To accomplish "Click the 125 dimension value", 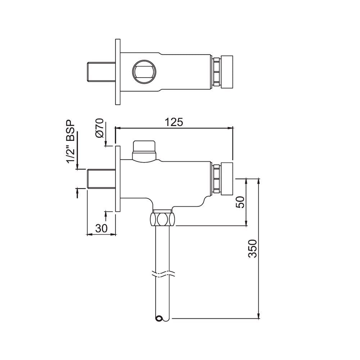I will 174,122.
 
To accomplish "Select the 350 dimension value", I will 253,248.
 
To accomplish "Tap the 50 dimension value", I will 241,202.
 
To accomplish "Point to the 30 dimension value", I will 102,228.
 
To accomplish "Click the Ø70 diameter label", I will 100,128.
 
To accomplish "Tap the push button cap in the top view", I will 227,71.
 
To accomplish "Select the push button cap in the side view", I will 227,178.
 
